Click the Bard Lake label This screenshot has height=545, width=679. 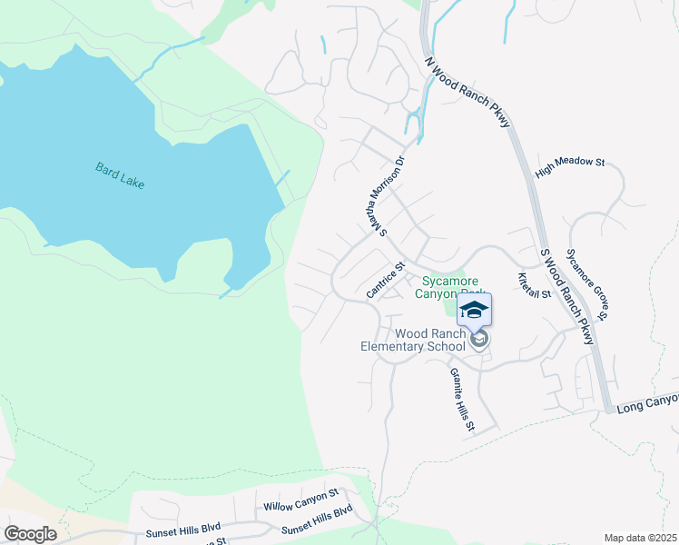click(120, 174)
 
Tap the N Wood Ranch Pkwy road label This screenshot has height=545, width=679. click(467, 94)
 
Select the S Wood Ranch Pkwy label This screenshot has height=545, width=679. click(566, 296)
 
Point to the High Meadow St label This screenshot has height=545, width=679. click(570, 166)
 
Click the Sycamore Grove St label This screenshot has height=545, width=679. click(586, 283)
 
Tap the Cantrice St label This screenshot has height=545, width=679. click(385, 281)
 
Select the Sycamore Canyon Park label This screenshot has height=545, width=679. click(444, 287)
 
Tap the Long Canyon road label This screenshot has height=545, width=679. click(646, 400)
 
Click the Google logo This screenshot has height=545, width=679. click(30, 534)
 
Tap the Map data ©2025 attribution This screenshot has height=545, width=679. click(640, 538)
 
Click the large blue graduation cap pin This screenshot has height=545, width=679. click(473, 312)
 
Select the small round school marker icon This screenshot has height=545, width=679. click(478, 339)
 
